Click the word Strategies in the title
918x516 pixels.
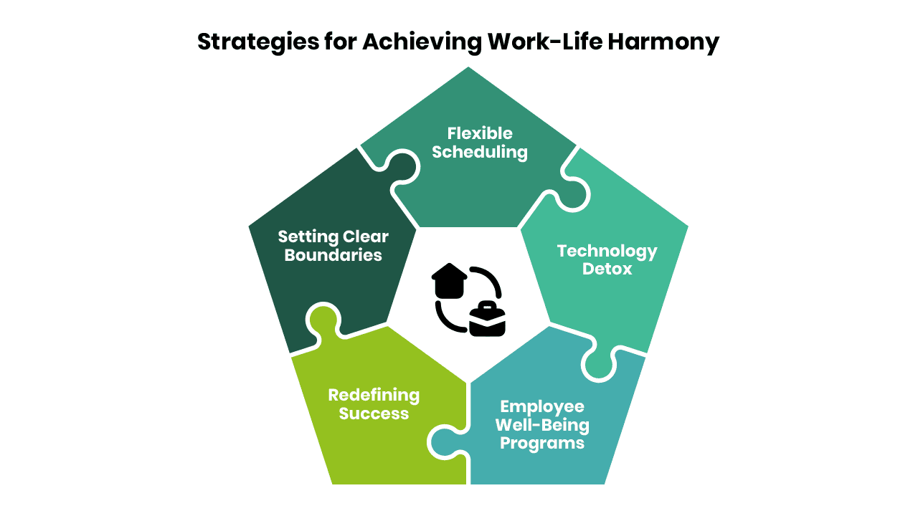(258, 42)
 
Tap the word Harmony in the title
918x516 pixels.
(663, 42)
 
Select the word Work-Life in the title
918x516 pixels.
(545, 42)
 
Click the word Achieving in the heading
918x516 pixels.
(422, 42)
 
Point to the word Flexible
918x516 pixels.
(480, 133)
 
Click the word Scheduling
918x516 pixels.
(480, 153)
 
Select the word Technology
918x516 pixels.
(607, 252)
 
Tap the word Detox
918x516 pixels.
(607, 269)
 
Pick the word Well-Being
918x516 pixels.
(542, 426)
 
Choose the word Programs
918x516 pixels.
(542, 444)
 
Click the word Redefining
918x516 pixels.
(374, 396)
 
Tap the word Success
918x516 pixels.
(374, 414)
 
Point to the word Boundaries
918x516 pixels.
(333, 255)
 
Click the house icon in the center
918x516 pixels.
(449, 281)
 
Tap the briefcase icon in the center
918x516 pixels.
(487, 319)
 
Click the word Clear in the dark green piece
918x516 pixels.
(366, 236)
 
